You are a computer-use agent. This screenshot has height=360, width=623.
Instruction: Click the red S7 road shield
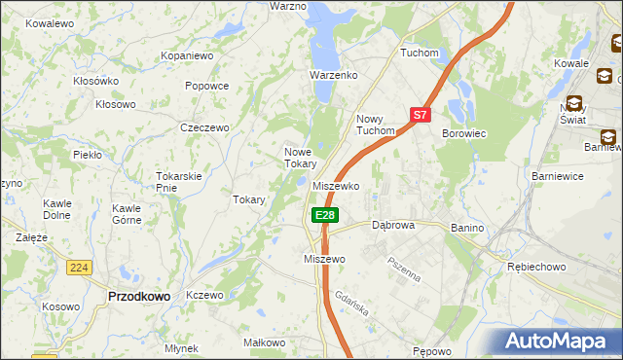pyautogui.click(x=420, y=115)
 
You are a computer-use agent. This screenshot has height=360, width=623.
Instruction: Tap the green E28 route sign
pyautogui.click(x=325, y=215)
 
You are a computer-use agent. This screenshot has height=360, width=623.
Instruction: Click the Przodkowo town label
pyautogui.click(x=138, y=296)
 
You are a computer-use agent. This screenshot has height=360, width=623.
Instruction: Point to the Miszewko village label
pyautogui.click(x=337, y=185)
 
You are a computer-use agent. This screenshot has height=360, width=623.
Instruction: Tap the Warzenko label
pyautogui.click(x=334, y=75)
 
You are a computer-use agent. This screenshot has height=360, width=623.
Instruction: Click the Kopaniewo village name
pyautogui.click(x=187, y=56)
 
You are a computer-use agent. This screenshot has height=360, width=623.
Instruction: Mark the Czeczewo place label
pyautogui.click(x=204, y=127)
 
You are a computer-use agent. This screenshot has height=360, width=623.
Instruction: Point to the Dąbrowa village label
pyautogui.click(x=393, y=225)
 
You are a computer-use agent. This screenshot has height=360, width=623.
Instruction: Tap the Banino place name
pyautogui.click(x=467, y=228)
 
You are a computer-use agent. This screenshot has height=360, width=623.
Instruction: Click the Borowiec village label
pyautogui.click(x=463, y=132)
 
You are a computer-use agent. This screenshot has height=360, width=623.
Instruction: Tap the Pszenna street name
pyautogui.click(x=403, y=267)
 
